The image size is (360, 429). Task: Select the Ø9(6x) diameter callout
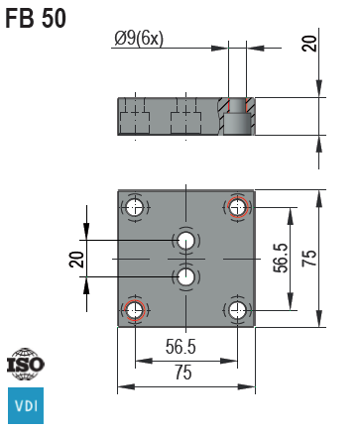(x=140, y=39)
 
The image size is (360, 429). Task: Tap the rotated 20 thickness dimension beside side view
(x=309, y=43)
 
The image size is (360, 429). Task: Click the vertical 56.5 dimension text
(x=281, y=260)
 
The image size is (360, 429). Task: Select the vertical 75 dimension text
(x=309, y=260)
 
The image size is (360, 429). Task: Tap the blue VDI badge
(x=26, y=405)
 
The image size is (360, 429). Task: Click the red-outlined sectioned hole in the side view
(x=236, y=116)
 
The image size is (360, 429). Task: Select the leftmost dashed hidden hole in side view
(x=135, y=117)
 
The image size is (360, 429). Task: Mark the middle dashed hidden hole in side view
(x=185, y=117)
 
